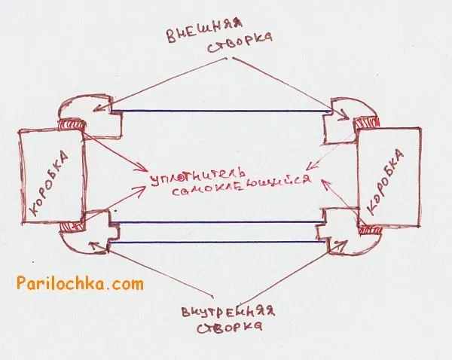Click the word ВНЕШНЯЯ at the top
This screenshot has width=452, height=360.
[204, 31]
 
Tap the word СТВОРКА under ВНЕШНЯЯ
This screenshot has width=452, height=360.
[240, 42]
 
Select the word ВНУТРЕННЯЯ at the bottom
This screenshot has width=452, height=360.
[228, 312]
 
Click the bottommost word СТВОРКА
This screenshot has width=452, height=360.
[230, 328]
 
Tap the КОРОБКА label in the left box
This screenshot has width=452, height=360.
[49, 184]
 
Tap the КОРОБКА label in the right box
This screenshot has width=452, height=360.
[386, 182]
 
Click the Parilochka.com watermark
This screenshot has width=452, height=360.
[80, 283]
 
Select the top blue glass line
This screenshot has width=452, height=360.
[221, 111]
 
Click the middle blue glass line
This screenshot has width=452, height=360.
[218, 222]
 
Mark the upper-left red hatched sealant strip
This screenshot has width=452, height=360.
[72, 124]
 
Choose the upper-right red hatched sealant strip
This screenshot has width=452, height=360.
[366, 123]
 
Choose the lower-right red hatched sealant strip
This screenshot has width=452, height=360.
[370, 230]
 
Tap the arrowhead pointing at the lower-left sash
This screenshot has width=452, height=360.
[94, 246]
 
